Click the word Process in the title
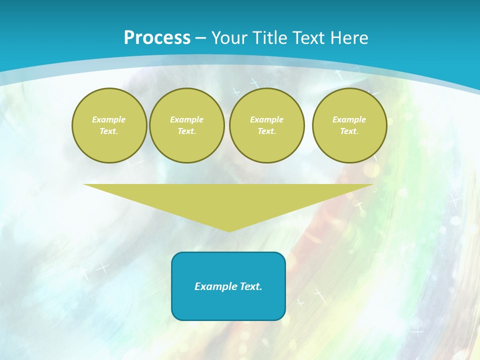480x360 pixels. click(x=157, y=38)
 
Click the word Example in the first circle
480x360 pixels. click(x=109, y=119)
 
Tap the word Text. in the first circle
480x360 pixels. click(x=109, y=131)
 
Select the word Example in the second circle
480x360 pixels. click(x=187, y=119)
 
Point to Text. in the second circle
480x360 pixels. click(x=187, y=131)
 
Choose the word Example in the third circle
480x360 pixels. click(x=267, y=119)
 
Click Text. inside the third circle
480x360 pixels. click(x=267, y=131)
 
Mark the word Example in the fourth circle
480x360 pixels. click(x=349, y=119)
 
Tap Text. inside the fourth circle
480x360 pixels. click(x=349, y=131)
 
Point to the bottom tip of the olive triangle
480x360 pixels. click(x=229, y=230)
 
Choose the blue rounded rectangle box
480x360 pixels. click(x=228, y=305)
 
